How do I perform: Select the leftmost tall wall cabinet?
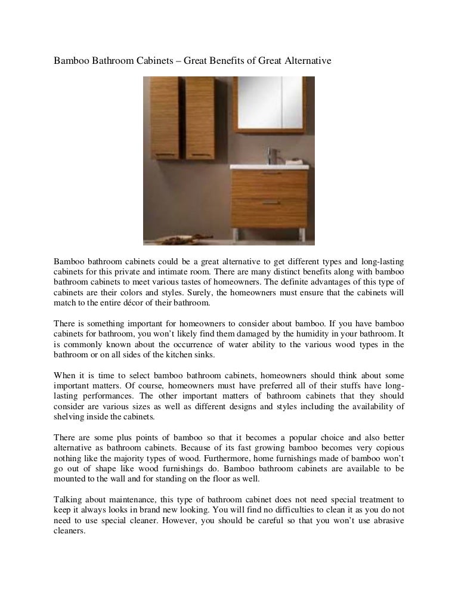(163, 118)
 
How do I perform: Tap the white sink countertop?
(268, 166)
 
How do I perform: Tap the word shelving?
(69, 416)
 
